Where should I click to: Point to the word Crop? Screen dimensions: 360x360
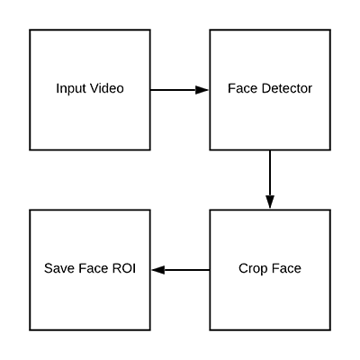click(253, 269)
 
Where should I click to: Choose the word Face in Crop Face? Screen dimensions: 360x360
click(285, 268)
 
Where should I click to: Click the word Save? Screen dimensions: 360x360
click(59, 268)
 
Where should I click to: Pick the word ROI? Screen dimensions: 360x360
click(124, 268)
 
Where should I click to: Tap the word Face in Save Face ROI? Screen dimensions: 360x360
click(94, 268)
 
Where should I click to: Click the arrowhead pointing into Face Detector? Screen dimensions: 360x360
click(202, 90)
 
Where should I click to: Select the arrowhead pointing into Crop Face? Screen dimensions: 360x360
click(270, 202)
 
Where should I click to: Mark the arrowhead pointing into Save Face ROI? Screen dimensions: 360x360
click(158, 270)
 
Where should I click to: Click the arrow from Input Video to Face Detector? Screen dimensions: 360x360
click(179, 90)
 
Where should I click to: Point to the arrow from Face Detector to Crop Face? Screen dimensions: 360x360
click(270, 179)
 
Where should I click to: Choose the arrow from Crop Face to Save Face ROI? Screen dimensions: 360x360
click(181, 270)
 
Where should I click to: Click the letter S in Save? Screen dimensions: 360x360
click(49, 268)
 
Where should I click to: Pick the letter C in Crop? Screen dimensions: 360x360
click(243, 268)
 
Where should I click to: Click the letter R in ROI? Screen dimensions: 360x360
click(117, 268)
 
